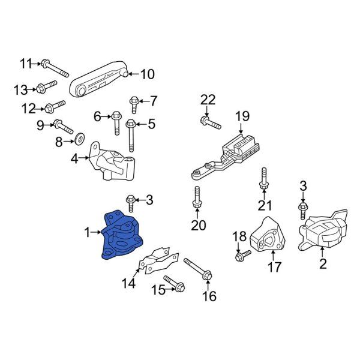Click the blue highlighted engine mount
point(122,235)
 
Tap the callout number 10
point(147,74)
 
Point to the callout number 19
point(242,116)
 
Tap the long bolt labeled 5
point(130,136)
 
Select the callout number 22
point(208,100)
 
